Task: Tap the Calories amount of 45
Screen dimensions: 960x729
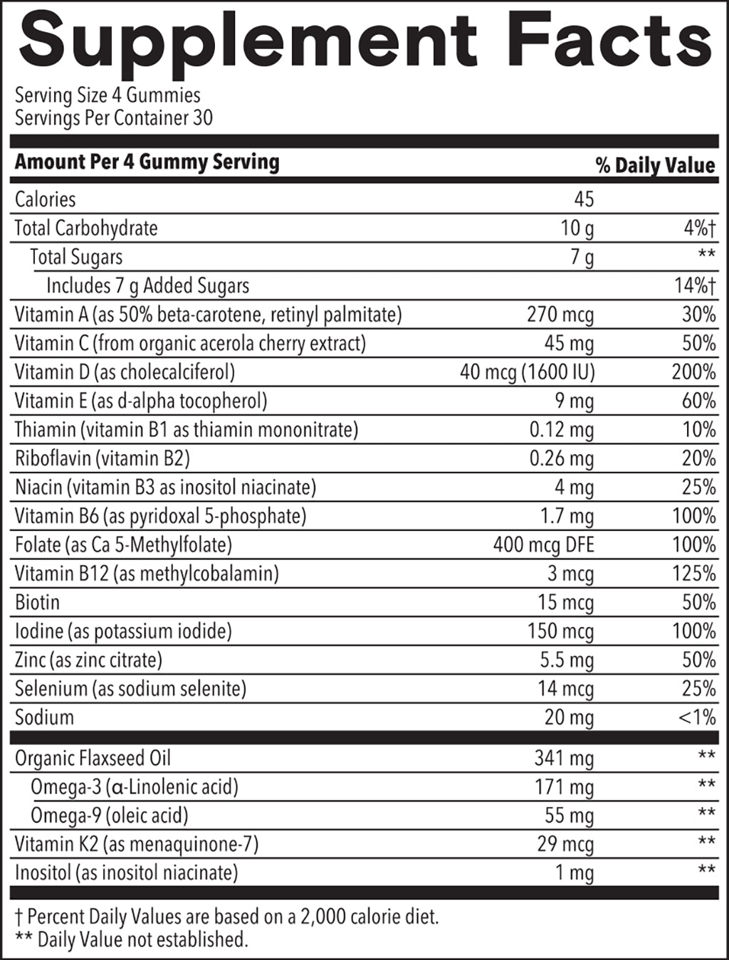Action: tap(583, 199)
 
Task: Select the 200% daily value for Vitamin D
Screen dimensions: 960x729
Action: tap(693, 372)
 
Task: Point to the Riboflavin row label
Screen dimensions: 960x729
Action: tap(103, 458)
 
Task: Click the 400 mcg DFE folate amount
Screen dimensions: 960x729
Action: tap(543, 545)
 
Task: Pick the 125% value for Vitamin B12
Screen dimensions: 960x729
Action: tap(693, 574)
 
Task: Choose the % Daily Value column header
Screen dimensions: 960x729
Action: tap(655, 166)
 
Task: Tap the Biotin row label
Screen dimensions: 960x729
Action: tap(37, 603)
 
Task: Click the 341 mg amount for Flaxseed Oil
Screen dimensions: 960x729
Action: tap(564, 759)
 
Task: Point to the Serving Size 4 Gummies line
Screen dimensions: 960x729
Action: tap(107, 95)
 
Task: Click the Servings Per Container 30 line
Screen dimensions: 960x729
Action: tap(114, 117)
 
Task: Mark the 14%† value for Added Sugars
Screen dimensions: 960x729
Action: tap(695, 286)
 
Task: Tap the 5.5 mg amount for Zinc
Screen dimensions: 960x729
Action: tap(566, 660)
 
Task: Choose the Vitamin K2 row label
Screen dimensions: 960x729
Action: tap(137, 845)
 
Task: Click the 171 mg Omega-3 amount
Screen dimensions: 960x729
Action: tap(564, 788)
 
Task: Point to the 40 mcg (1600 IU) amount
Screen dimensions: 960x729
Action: tap(527, 372)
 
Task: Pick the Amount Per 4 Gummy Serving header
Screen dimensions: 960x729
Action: tap(147, 162)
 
